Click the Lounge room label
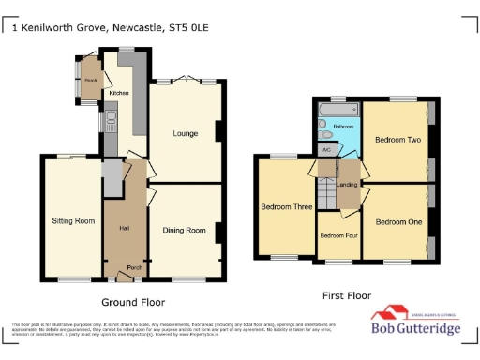185,134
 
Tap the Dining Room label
185,230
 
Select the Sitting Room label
73,221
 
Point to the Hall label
124,228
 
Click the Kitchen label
119,94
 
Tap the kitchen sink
111,120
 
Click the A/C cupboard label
327,149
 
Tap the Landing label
346,185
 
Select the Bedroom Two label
397,140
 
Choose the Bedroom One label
398,222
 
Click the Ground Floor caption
133,302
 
